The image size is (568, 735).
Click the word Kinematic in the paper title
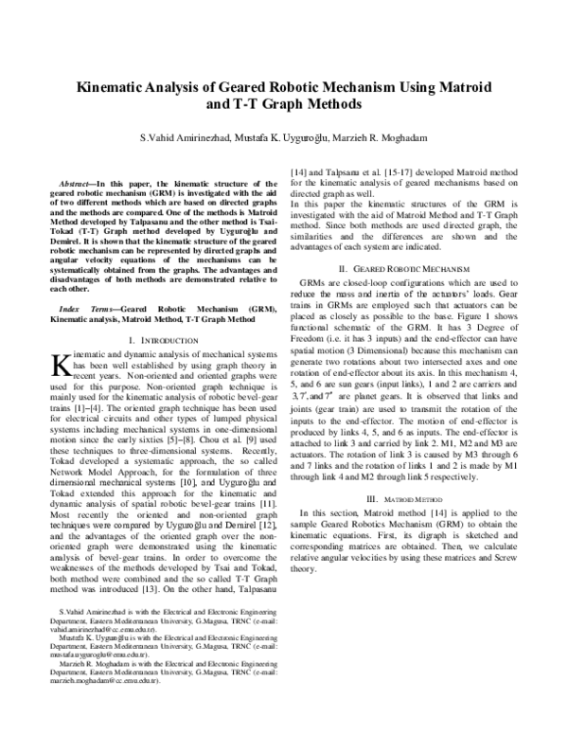108,84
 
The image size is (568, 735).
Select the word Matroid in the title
459,84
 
